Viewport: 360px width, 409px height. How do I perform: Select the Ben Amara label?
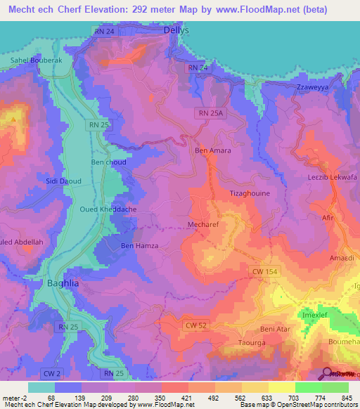[212, 150]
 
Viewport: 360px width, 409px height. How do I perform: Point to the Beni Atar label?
[275, 329]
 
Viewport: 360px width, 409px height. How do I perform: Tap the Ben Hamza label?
[140, 245]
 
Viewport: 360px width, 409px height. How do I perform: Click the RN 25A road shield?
[209, 112]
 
